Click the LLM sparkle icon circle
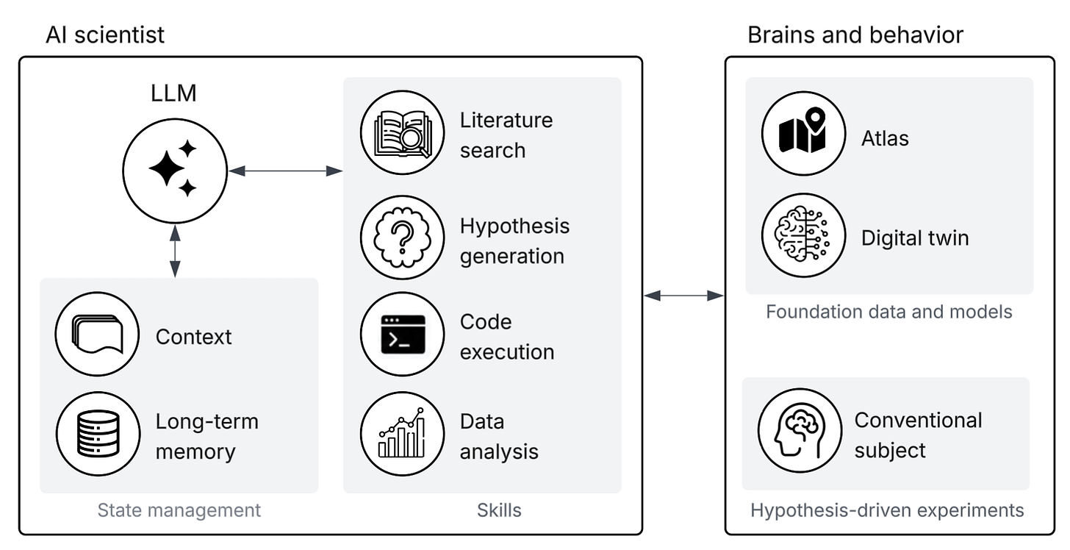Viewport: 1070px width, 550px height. (175, 171)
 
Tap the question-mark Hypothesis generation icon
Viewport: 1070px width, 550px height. (402, 238)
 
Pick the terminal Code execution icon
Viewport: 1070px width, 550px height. (402, 335)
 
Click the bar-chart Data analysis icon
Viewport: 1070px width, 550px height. (402, 434)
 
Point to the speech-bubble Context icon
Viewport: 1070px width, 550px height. (98, 335)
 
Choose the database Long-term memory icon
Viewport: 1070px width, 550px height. (98, 434)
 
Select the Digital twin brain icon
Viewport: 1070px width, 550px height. (803, 235)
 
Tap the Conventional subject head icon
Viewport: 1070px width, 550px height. (800, 431)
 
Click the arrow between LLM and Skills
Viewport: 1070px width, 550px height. (286, 171)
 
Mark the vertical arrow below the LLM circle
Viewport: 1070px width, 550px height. (176, 251)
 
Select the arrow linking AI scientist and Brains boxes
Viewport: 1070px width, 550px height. (684, 296)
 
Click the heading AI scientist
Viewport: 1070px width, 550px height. (105, 35)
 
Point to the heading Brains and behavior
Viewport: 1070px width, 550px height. (855, 35)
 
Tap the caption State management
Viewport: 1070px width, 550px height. (179, 510)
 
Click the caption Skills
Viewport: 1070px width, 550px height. (499, 510)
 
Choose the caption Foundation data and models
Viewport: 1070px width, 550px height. (889, 312)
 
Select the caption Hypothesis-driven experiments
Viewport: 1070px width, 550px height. (887, 510)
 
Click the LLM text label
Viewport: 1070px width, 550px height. (173, 93)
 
